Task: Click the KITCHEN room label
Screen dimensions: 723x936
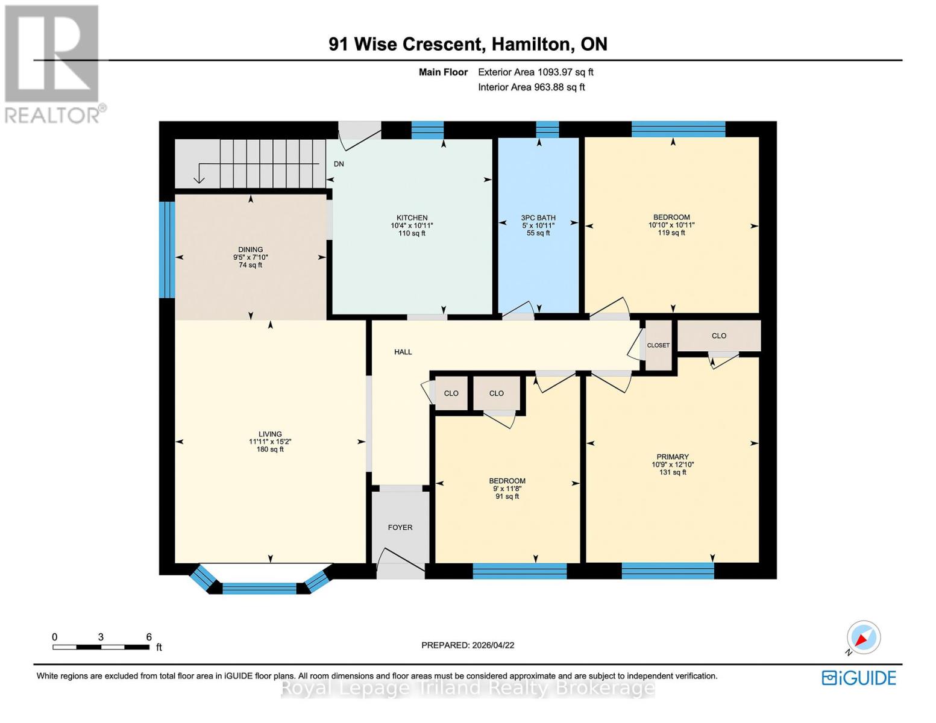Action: (x=412, y=218)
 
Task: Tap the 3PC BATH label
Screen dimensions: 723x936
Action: (x=538, y=218)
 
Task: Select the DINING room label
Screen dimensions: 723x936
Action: (x=250, y=249)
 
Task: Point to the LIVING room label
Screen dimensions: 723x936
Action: (x=270, y=434)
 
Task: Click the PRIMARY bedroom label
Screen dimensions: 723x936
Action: (x=673, y=457)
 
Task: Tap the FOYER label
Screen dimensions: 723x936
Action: (x=400, y=528)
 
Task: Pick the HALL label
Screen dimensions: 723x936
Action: (x=403, y=352)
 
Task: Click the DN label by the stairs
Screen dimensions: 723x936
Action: (x=339, y=164)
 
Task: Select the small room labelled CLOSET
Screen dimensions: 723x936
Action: (x=658, y=346)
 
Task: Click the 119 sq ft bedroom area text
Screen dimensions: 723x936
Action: (x=671, y=233)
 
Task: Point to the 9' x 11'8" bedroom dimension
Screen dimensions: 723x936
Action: (x=507, y=489)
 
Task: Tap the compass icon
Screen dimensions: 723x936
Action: (x=863, y=637)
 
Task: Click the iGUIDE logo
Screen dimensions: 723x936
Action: (x=859, y=678)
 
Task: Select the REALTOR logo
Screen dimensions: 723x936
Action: (x=53, y=63)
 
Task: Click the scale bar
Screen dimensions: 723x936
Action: (x=101, y=647)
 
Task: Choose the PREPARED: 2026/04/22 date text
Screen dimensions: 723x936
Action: (x=468, y=645)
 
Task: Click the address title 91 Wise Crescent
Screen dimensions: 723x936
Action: (x=468, y=44)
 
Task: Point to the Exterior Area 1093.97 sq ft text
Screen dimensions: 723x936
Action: (x=536, y=72)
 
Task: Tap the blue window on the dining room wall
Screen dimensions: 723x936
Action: (x=167, y=249)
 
